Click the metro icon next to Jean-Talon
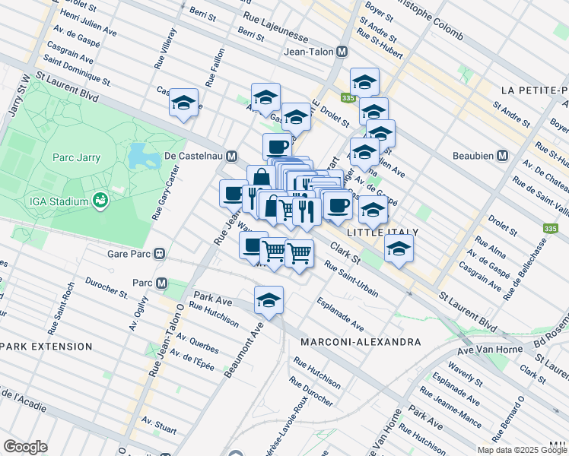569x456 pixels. tap(342, 52)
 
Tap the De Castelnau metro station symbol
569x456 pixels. tap(230, 156)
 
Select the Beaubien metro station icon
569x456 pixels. tap(502, 155)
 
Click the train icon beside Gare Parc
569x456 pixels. tap(160, 254)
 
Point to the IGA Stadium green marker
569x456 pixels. tap(99, 201)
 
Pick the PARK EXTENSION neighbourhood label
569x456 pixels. tap(46, 347)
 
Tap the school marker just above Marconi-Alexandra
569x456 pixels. tap(269, 301)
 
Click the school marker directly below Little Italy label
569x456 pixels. tap(399, 249)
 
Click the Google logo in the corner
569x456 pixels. tap(25, 447)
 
